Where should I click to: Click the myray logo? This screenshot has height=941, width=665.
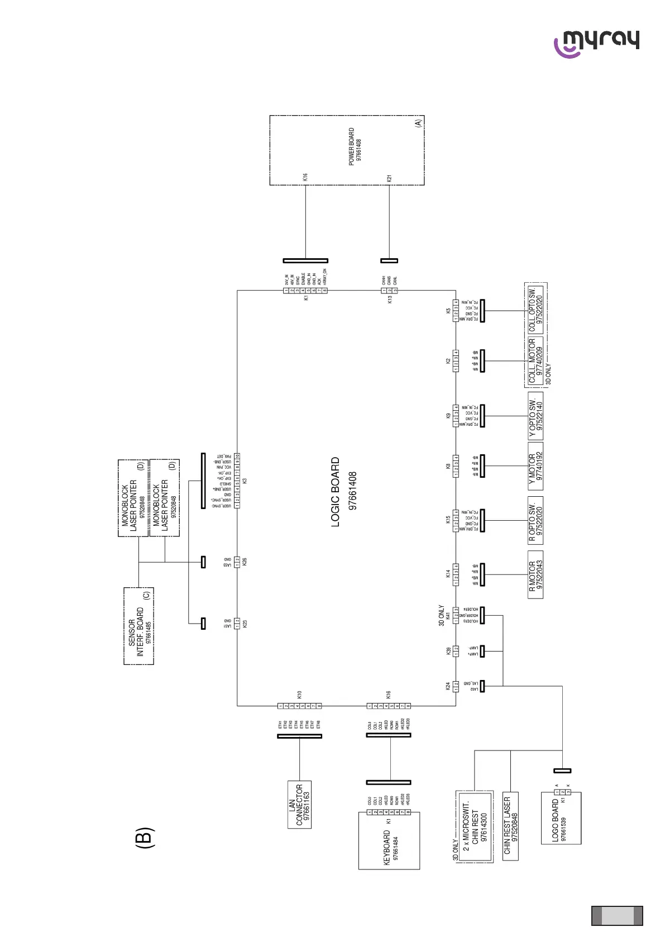596,43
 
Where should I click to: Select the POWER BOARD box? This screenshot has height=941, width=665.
347,150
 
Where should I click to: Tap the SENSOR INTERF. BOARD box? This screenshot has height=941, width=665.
138,626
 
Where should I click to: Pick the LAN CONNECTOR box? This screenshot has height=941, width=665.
299,804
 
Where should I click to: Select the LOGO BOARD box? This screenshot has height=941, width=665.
561,818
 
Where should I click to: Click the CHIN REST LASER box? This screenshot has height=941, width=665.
510,825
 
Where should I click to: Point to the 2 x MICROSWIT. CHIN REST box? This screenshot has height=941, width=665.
475,826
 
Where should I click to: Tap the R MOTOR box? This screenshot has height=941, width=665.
535,575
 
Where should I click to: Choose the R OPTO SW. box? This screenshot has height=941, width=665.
535,520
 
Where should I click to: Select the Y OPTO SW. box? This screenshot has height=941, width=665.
535,416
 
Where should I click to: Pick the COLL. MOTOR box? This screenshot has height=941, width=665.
535,361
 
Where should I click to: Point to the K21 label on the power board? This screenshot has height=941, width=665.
389,178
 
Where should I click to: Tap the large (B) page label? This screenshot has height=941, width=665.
143,838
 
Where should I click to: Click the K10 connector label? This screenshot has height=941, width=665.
299,695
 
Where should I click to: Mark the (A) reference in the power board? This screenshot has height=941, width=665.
418,123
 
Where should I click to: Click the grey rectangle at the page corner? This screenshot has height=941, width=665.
617,916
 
